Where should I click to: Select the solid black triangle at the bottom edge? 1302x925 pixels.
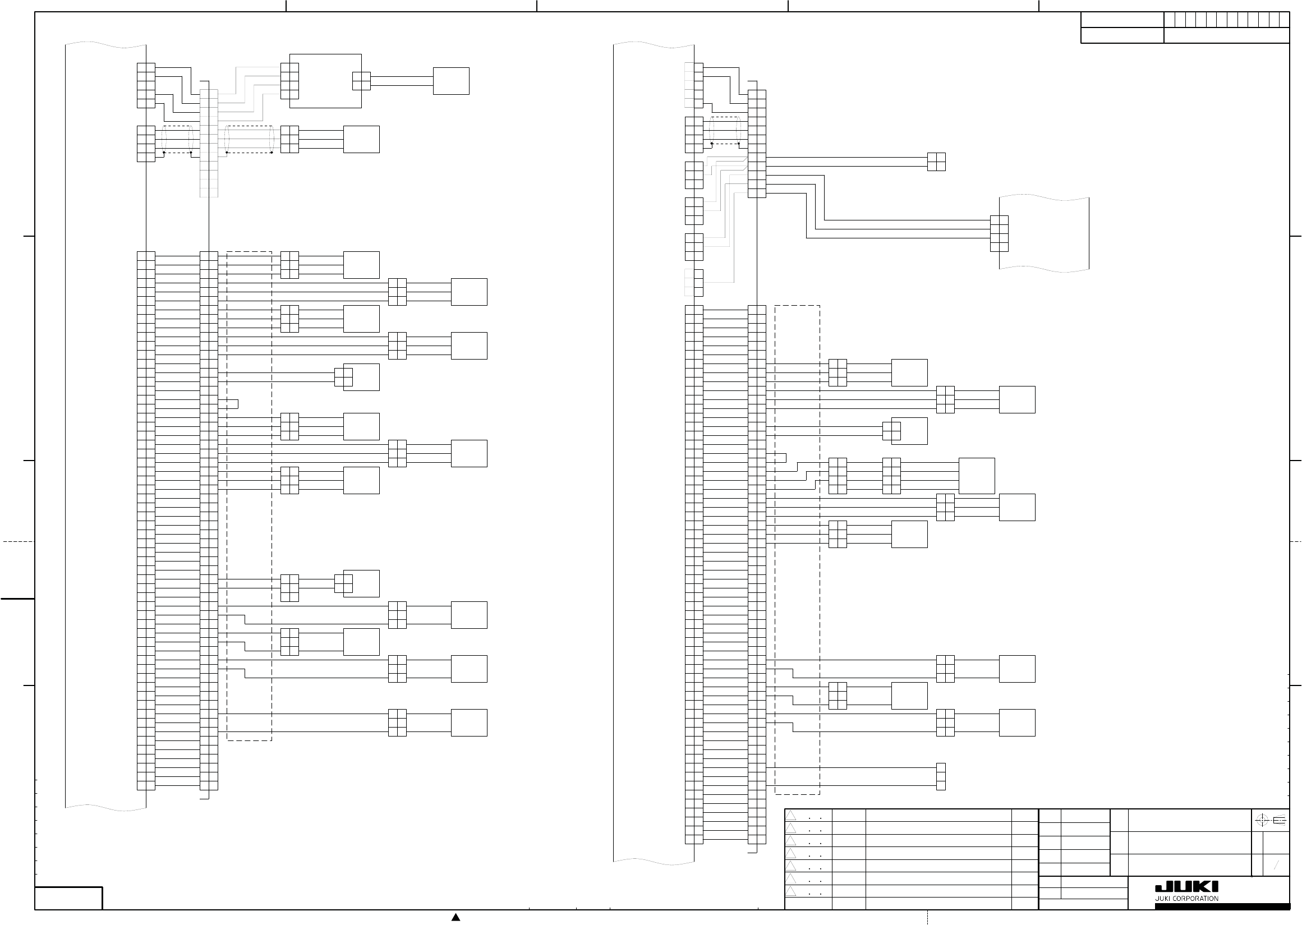[x=456, y=917]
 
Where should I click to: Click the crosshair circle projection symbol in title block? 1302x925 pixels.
[x=1262, y=821]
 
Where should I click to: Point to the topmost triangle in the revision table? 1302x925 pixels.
[x=790, y=816]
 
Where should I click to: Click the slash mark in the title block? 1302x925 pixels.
[x=1276, y=866]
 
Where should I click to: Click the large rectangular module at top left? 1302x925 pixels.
[x=325, y=81]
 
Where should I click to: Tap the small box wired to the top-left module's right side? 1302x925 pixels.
[x=451, y=81]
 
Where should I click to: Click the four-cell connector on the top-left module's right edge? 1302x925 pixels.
[x=361, y=81]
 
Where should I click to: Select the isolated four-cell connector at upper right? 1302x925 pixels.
[x=936, y=162]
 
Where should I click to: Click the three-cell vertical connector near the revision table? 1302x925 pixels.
[x=941, y=776]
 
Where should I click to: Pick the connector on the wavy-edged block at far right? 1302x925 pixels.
[x=999, y=233]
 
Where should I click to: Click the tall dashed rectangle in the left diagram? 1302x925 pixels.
[x=250, y=495]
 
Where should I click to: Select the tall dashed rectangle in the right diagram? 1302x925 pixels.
[x=797, y=550]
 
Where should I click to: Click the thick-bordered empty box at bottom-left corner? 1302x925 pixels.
[x=68, y=898]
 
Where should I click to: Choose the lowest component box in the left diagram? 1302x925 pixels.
[x=469, y=722]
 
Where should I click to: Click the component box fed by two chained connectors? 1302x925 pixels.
[x=977, y=476]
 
